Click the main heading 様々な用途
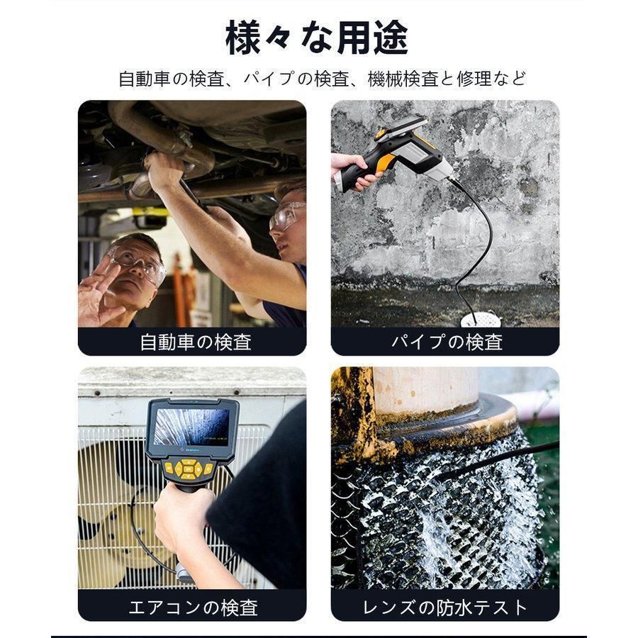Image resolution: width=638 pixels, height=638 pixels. pos(317,38)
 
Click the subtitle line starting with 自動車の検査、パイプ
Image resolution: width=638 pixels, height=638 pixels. pos(323,79)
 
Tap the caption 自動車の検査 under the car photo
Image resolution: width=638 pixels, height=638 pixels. pos(195,342)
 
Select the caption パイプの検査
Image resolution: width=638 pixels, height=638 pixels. pos(447,342)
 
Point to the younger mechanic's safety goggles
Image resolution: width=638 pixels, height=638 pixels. pos(287,215)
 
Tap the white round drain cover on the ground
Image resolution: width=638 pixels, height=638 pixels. pos(480,320)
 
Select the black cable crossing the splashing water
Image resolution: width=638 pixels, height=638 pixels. pos(496,461)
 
